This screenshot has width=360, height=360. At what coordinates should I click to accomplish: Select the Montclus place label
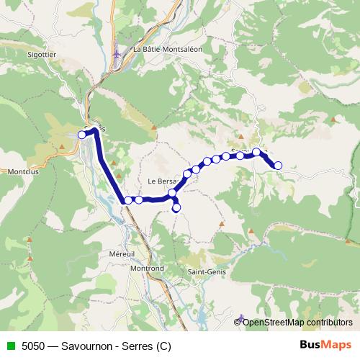point(22,172)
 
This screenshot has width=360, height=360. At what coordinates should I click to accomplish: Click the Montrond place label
point(148,268)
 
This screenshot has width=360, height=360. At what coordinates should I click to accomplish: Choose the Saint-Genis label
point(204,272)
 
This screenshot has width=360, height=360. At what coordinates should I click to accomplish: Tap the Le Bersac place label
point(162,181)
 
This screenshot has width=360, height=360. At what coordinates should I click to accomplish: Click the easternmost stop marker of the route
point(278,166)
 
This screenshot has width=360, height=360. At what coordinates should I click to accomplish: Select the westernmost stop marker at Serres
point(82,134)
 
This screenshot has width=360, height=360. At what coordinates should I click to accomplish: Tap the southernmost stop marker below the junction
point(176,208)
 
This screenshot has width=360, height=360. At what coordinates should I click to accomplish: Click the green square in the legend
point(10,345)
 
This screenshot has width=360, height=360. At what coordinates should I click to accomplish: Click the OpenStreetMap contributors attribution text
point(297,322)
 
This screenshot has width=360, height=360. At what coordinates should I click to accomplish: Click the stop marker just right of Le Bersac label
point(187,174)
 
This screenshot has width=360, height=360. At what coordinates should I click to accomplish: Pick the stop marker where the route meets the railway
point(128,200)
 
